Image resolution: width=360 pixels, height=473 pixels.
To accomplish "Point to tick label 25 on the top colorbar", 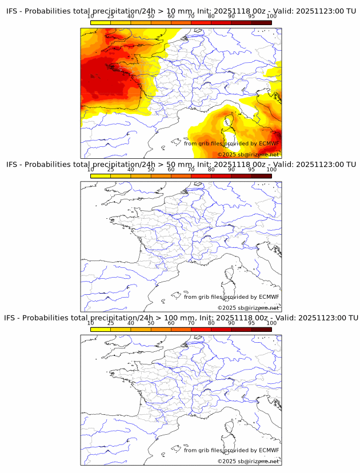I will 110,17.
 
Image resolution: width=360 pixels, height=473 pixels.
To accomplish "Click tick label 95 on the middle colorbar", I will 251,170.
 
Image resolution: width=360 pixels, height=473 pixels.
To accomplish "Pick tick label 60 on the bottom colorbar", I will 171,323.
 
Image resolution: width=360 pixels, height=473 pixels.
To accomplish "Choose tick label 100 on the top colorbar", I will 271,17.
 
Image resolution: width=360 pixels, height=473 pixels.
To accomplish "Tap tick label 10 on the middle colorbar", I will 90,170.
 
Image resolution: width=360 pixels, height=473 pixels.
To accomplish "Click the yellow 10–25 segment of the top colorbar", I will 100,22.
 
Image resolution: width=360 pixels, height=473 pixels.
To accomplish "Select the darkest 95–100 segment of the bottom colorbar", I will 261,329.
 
